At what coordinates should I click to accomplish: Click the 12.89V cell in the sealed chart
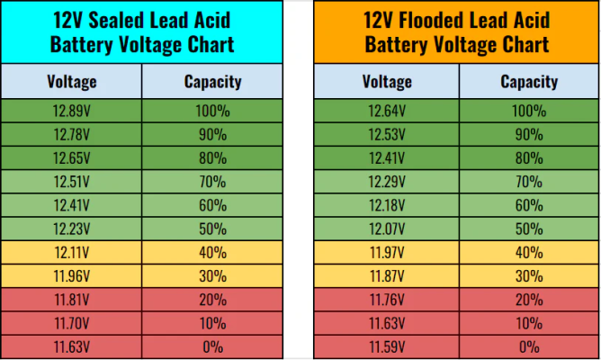click(x=72, y=112)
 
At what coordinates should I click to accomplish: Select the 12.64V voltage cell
click(x=387, y=112)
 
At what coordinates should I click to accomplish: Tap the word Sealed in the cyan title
click(x=116, y=20)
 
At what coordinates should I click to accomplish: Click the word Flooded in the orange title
click(x=431, y=20)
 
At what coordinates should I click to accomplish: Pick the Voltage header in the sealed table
click(x=72, y=82)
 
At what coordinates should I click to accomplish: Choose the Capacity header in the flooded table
click(x=529, y=82)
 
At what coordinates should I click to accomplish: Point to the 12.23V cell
click(x=72, y=229)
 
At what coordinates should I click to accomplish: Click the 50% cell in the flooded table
click(x=529, y=229)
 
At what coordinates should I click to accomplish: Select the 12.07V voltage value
click(x=387, y=229)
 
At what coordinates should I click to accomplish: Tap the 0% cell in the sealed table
click(x=212, y=347)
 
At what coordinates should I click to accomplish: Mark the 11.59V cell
click(x=387, y=347)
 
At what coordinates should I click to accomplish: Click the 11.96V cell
click(x=72, y=276)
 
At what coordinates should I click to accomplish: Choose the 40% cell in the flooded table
click(x=529, y=253)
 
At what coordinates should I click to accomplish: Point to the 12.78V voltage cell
click(x=72, y=135)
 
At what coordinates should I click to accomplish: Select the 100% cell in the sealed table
click(x=212, y=112)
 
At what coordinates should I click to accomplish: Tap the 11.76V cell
click(x=387, y=300)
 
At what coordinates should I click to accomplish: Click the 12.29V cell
click(x=387, y=182)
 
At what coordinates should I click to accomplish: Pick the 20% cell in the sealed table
click(x=212, y=300)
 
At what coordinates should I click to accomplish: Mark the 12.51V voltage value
click(x=72, y=182)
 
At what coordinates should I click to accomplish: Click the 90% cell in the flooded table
click(x=529, y=135)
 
